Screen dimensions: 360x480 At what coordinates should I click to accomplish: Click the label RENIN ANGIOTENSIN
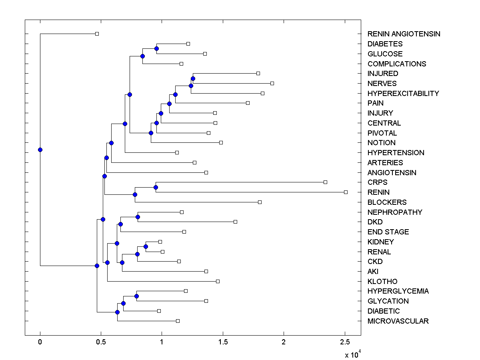pos(404,34)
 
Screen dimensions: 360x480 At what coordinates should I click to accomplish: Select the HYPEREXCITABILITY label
pos(403,93)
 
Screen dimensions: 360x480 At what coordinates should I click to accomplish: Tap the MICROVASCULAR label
pos(398,321)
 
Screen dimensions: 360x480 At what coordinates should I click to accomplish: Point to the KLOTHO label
pos(382,281)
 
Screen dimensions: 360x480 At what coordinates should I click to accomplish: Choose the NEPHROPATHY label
pos(395,212)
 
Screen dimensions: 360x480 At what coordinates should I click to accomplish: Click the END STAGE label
pos(388,232)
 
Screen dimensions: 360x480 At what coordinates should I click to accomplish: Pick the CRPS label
pos(378,182)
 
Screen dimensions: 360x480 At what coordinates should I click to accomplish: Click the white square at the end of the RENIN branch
pos(346,192)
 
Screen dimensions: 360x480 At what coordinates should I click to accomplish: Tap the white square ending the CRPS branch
pos(325,182)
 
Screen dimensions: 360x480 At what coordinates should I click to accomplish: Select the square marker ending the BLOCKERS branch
pos(260,202)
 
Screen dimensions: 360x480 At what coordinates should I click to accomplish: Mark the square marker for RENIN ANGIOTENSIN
pos(97,34)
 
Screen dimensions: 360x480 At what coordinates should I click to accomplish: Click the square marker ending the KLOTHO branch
pos(218,281)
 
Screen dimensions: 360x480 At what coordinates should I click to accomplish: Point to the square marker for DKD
pos(235,222)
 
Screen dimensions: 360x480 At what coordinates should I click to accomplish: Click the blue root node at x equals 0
pos(40,150)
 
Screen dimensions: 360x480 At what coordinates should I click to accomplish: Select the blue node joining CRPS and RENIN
pos(156,187)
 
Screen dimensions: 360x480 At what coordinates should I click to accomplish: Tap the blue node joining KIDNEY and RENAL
pos(146,246)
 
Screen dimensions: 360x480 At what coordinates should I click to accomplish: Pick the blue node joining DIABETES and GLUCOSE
pos(156,48)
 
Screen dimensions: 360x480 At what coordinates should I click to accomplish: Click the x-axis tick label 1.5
pos(223,342)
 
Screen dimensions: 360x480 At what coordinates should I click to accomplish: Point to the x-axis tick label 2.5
pos(345,342)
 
